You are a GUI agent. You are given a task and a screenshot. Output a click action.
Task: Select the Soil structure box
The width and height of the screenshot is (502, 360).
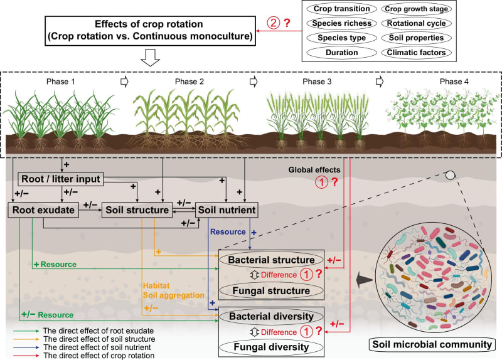[x=137, y=210]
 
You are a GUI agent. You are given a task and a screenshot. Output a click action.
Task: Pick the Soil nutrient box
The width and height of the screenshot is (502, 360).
[x=227, y=210]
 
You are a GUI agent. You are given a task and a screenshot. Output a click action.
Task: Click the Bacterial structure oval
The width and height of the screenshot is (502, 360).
[x=271, y=258]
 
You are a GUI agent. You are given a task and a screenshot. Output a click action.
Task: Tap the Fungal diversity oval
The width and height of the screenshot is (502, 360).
[x=271, y=346]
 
